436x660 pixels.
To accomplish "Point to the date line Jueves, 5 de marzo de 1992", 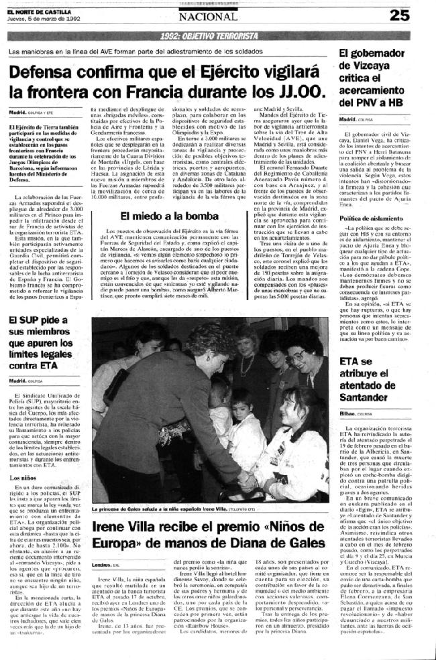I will [x=43, y=18].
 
